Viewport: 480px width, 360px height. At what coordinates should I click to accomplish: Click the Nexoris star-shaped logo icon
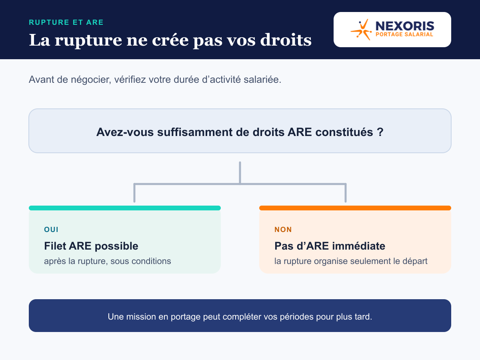tap(361, 30)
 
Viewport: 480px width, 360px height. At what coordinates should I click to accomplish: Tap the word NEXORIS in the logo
tap(405, 26)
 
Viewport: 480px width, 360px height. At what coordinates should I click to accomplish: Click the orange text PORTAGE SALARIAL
tap(404, 34)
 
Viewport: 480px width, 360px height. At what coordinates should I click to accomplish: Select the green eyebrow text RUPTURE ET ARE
tap(66, 22)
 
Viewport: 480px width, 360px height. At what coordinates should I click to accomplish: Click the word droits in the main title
tap(286, 40)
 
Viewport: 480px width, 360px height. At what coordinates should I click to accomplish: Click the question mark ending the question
tap(380, 132)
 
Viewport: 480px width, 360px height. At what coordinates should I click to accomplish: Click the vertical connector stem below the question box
tap(240, 173)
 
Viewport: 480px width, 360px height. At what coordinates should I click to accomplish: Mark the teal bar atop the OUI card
tap(125, 208)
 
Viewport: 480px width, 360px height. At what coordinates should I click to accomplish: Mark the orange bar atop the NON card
tap(355, 208)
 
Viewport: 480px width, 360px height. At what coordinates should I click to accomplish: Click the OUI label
tap(51, 230)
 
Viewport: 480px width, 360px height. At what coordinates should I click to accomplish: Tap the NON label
tap(283, 230)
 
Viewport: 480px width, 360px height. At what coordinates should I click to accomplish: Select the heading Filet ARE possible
tap(91, 246)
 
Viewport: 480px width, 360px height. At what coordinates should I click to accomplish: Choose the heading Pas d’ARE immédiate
tap(330, 246)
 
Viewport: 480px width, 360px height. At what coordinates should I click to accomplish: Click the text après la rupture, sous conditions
tap(108, 261)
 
